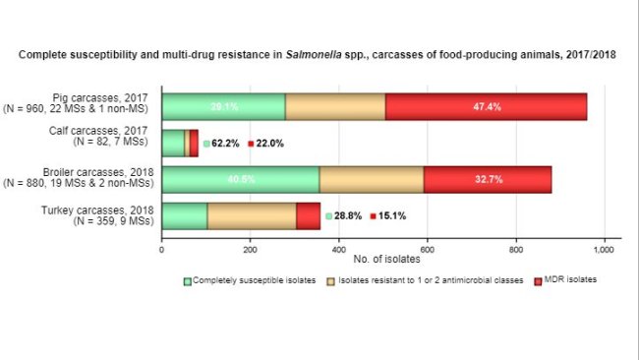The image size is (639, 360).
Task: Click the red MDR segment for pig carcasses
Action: [x=486, y=106]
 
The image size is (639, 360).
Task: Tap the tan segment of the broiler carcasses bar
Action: [x=371, y=179]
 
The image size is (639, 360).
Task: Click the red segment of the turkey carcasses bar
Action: [x=308, y=215]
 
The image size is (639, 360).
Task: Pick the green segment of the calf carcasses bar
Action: [x=172, y=143]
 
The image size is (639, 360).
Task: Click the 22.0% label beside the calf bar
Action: [x=270, y=144]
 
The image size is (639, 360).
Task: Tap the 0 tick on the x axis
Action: [x=162, y=249]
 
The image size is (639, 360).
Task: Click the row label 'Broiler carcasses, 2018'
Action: [x=98, y=173]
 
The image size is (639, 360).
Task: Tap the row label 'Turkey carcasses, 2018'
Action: [x=98, y=210]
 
